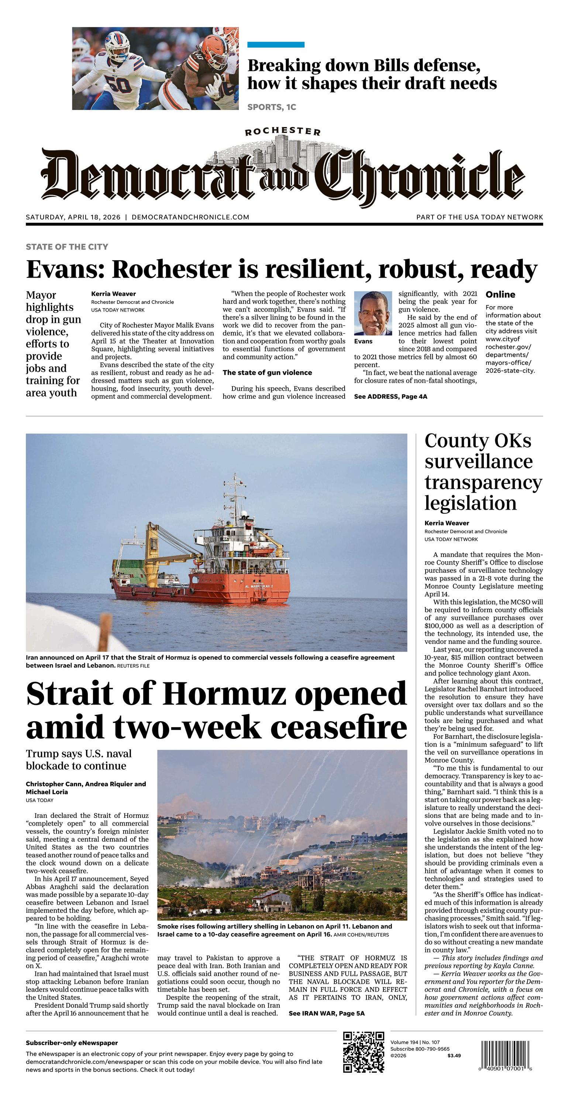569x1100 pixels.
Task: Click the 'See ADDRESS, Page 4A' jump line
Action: (x=390, y=396)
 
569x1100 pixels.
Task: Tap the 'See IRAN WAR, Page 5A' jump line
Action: (x=327, y=1013)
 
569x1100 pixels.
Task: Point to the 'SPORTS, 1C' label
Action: (x=272, y=107)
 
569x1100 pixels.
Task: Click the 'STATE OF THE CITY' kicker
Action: (x=67, y=246)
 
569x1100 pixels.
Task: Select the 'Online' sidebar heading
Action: (x=500, y=294)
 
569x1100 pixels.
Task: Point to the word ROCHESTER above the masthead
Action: (x=283, y=131)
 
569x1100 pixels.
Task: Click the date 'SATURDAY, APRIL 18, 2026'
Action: (x=73, y=217)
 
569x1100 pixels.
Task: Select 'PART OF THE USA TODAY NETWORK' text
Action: (x=479, y=217)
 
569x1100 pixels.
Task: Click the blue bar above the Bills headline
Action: (x=276, y=44)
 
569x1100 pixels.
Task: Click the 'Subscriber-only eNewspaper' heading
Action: (x=72, y=1043)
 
